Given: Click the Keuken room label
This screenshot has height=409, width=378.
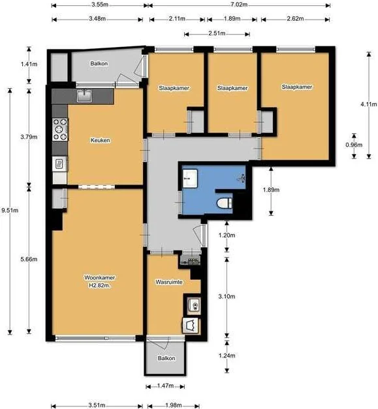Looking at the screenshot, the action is [x=101, y=140].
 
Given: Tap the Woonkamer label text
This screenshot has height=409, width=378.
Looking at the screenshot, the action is [x=99, y=277].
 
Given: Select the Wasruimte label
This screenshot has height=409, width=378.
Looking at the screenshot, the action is [x=169, y=282].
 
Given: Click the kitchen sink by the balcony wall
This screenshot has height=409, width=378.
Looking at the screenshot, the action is [x=84, y=96].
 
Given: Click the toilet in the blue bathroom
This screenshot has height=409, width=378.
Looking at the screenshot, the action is [x=225, y=203].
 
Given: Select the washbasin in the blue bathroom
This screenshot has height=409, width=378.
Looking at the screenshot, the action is [x=190, y=179].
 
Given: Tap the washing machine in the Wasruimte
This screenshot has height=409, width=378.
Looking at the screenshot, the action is [x=191, y=326].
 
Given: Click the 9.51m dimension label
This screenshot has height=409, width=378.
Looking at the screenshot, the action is [x=10, y=210].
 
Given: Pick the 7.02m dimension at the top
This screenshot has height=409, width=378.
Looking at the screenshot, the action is [x=239, y=5].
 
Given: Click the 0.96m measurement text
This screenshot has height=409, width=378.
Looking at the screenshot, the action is [x=354, y=145].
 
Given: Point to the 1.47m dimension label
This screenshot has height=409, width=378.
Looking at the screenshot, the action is [x=166, y=386].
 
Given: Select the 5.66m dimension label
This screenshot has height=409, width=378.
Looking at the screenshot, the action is [x=29, y=259].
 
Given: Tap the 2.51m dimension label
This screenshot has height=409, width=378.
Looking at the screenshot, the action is [x=217, y=33].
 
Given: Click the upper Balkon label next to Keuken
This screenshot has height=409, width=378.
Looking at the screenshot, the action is [x=99, y=64].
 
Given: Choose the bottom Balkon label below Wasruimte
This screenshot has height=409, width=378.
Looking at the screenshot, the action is [x=166, y=358].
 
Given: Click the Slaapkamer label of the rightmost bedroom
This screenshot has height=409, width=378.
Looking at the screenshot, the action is [x=297, y=87].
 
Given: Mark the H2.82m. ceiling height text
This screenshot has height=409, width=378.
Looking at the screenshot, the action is [x=100, y=286].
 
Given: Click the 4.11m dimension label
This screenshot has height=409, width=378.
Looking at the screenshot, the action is [x=369, y=104].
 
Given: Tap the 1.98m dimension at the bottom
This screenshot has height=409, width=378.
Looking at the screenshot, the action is [x=174, y=405].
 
